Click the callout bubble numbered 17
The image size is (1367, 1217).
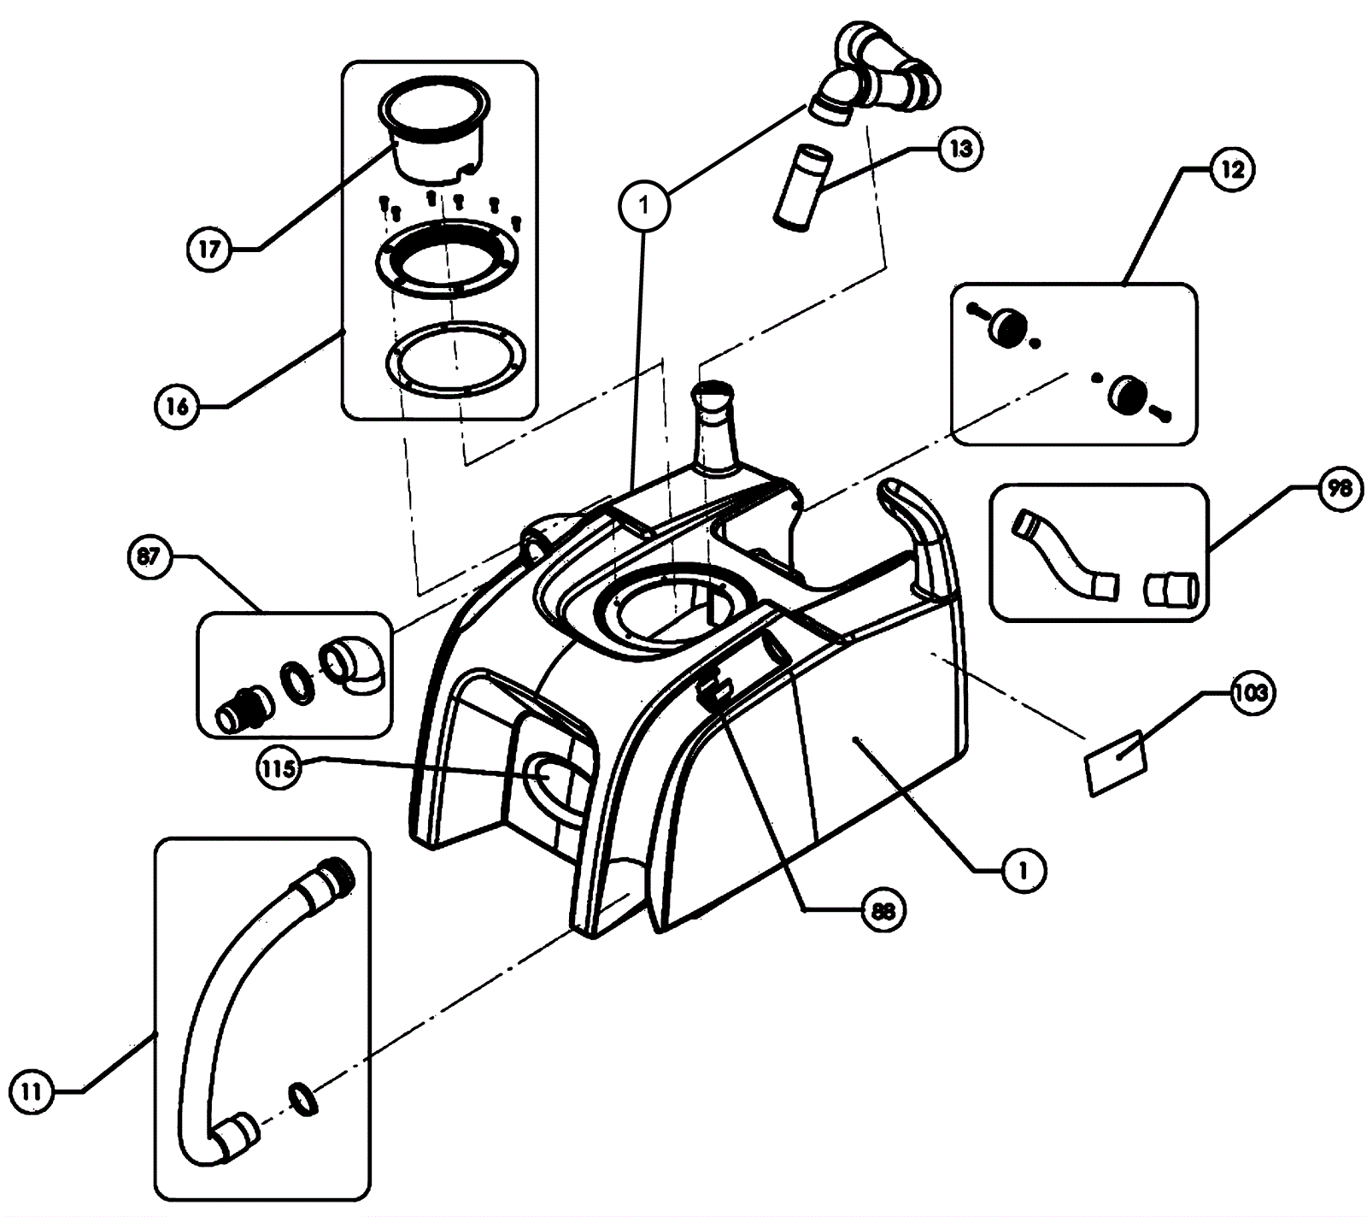(209, 250)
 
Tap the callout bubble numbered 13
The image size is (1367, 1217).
(960, 149)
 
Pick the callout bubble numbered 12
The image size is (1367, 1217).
(1231, 169)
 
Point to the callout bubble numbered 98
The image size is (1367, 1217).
(1339, 488)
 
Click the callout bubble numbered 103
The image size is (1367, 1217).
(1250, 693)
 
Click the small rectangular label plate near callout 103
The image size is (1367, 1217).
(1116, 762)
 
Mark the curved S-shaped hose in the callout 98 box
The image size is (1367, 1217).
(1064, 553)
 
